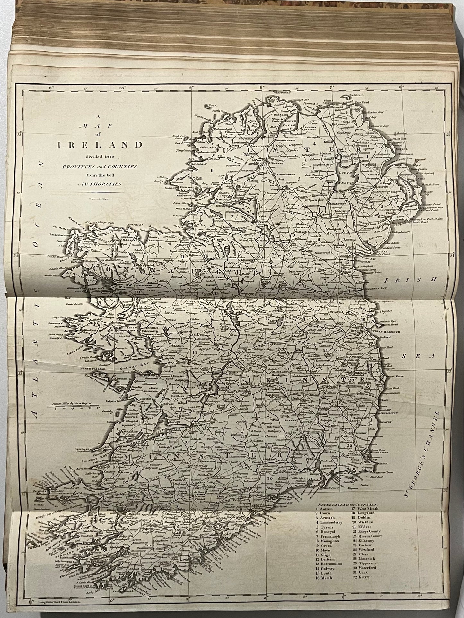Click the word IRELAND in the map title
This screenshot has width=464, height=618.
click(100, 145)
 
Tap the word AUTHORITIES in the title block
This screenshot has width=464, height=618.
click(100, 184)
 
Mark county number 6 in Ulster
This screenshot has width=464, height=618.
click(212, 170)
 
